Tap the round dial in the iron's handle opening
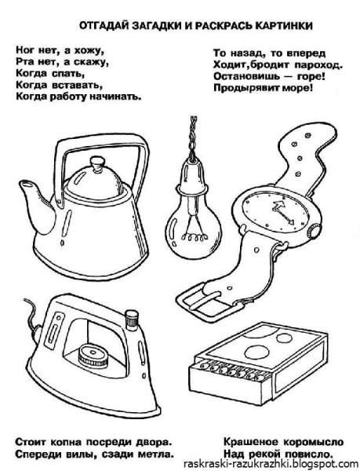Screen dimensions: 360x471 91,355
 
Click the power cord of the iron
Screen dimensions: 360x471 32,316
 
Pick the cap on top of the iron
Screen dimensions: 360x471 131,319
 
